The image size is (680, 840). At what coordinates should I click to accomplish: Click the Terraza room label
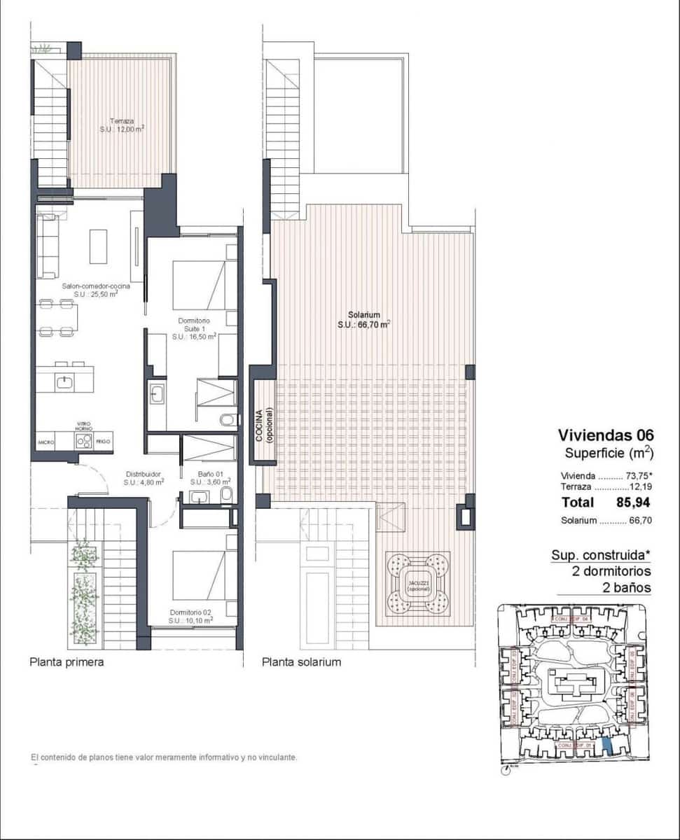click(x=122, y=125)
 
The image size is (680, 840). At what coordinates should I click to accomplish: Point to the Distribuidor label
click(x=144, y=478)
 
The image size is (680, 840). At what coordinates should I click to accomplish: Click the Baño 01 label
click(x=209, y=478)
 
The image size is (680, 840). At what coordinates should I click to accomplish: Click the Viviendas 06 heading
click(x=606, y=435)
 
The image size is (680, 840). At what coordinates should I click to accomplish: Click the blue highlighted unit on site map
click(x=607, y=746)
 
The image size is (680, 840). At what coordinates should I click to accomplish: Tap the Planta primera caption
click(x=67, y=661)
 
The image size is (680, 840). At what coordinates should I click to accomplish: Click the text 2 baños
click(x=627, y=587)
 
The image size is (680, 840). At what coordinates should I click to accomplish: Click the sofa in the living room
click(x=48, y=246)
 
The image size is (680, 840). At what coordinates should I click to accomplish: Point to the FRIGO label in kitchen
click(x=103, y=442)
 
